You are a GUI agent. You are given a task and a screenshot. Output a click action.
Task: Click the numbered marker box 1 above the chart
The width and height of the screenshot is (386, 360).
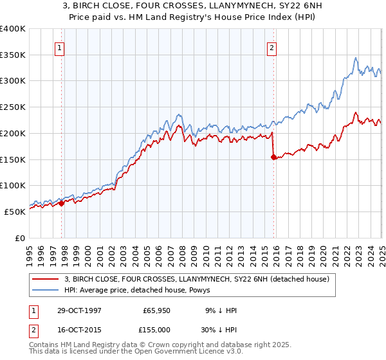click(59, 47)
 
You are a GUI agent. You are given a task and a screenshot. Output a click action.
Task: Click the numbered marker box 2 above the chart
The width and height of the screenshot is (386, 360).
click(271, 47)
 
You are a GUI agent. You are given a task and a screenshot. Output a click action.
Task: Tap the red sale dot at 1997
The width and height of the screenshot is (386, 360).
click(62, 204)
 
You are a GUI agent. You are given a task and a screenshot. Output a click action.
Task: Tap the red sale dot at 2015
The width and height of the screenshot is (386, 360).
click(274, 157)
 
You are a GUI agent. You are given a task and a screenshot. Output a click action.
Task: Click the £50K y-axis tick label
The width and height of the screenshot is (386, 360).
click(15, 212)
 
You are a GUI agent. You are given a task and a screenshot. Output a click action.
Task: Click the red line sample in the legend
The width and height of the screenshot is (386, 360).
click(46, 279)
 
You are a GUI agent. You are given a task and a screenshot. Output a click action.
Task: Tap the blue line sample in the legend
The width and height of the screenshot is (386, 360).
click(46, 290)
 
